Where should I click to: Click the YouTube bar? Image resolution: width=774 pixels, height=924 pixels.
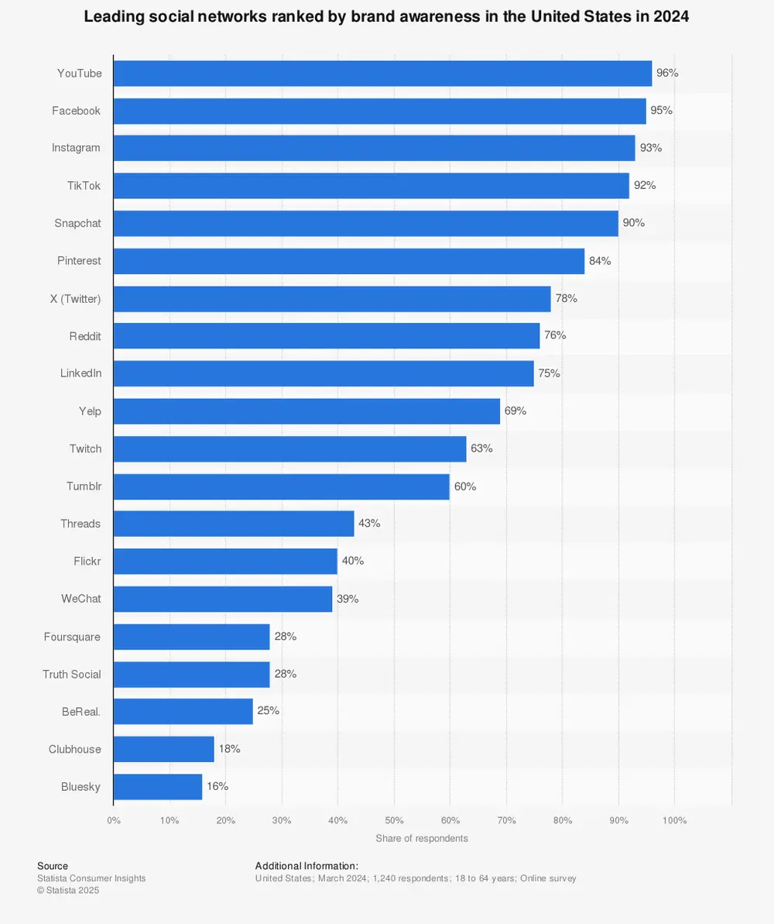click(x=382, y=74)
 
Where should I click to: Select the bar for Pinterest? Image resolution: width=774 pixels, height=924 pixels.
click(x=348, y=261)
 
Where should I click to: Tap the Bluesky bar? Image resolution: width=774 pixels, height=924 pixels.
click(x=157, y=787)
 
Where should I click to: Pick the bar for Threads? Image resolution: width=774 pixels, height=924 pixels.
click(x=233, y=524)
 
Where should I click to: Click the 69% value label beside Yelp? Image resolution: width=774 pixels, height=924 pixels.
click(x=515, y=411)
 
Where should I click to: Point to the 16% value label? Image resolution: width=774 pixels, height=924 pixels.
click(x=217, y=786)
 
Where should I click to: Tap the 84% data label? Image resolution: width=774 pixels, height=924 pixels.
click(x=600, y=261)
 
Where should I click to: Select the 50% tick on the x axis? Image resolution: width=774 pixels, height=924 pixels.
click(x=394, y=820)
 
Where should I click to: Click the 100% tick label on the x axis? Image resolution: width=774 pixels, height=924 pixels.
click(x=674, y=820)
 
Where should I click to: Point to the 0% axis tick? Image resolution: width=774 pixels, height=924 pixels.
click(x=114, y=820)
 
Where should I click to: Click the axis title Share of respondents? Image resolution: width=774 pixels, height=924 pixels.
click(x=422, y=838)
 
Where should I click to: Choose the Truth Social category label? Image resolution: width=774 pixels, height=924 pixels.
click(x=71, y=675)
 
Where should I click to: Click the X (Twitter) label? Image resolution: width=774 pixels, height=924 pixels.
click(x=75, y=298)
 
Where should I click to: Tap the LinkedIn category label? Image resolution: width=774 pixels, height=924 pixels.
click(x=80, y=373)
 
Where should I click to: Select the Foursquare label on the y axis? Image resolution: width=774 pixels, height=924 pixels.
click(x=72, y=637)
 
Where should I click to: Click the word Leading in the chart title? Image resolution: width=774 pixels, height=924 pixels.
click(x=111, y=17)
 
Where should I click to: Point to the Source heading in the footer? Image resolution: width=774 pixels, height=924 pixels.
click(x=53, y=866)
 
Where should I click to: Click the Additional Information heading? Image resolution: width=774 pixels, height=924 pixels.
click(x=307, y=866)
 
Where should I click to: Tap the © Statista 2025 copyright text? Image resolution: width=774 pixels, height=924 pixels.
click(x=68, y=891)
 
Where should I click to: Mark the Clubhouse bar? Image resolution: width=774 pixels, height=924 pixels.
click(x=163, y=750)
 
